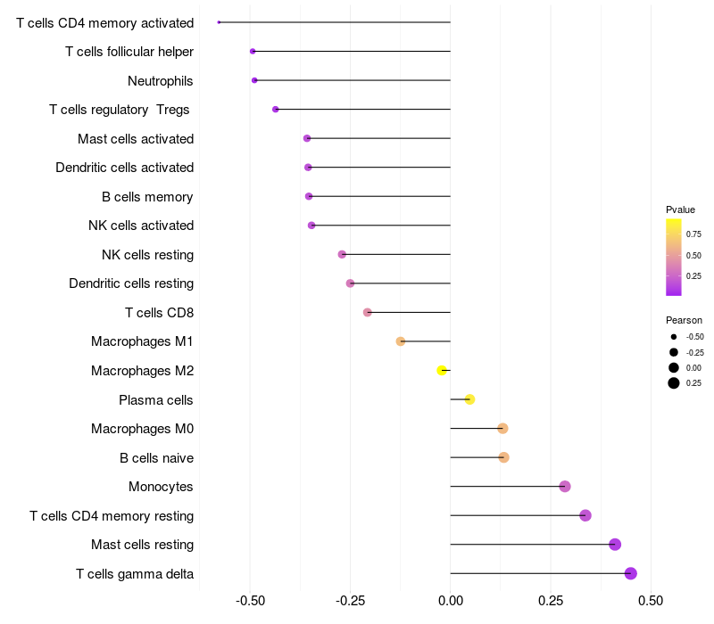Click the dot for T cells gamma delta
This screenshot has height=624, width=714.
click(x=631, y=573)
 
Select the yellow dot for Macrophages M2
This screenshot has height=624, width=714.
click(x=442, y=370)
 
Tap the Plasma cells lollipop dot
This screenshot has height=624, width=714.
click(x=470, y=399)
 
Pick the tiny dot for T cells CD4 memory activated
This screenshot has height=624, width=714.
click(x=219, y=22)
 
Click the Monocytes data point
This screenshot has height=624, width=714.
click(x=565, y=486)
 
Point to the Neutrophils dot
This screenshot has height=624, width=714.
click(x=254, y=80)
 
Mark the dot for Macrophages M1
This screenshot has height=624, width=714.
click(x=401, y=341)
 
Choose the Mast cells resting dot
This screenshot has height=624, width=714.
click(x=615, y=545)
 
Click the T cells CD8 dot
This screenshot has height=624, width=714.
click(x=368, y=313)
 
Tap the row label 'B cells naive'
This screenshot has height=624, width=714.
click(x=156, y=458)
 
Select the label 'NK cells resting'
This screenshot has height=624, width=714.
click(x=147, y=255)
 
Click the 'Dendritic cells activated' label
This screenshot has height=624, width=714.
click(x=124, y=168)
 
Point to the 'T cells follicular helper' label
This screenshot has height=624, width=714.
click(x=129, y=52)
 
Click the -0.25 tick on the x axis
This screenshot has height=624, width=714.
click(x=350, y=601)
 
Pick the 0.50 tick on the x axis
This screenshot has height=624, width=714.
click(x=651, y=601)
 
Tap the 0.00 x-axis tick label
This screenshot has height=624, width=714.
click(x=451, y=601)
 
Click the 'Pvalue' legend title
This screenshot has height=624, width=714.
click(x=680, y=209)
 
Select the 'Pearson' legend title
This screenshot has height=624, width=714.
click(x=684, y=320)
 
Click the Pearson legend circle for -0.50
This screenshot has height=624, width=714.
click(x=674, y=337)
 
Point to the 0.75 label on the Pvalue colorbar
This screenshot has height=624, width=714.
click(x=693, y=234)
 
